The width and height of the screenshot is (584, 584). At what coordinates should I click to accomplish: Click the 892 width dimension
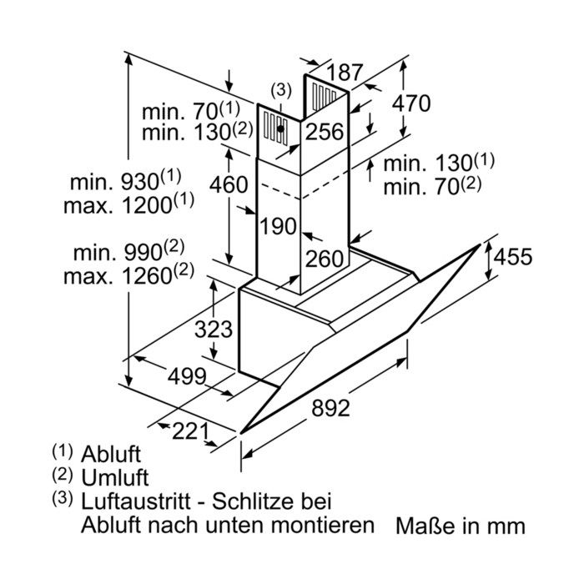[x=330, y=408]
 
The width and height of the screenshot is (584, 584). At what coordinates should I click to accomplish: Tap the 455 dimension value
[x=513, y=257]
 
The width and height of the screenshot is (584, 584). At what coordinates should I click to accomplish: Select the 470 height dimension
[x=411, y=103]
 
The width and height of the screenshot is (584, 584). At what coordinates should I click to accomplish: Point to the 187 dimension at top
[x=345, y=73]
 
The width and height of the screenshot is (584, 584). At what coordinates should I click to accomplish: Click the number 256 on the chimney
[x=325, y=132]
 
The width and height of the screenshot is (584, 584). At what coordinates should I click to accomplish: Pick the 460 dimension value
[x=229, y=184]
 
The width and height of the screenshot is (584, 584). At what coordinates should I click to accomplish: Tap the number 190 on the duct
[x=278, y=226]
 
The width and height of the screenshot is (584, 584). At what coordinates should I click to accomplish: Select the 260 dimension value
[x=324, y=259]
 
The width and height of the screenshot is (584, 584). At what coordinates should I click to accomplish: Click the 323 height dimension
[x=214, y=330]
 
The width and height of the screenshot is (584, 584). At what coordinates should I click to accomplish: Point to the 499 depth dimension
[x=187, y=376]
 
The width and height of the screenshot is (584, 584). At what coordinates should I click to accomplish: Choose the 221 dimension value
[x=190, y=431]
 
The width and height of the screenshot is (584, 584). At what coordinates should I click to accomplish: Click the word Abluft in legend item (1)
[x=111, y=454]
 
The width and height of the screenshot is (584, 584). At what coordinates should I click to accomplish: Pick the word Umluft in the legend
[x=115, y=477]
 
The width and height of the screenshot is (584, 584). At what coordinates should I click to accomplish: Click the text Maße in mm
[x=461, y=526]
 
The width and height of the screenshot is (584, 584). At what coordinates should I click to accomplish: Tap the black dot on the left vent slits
[x=281, y=128]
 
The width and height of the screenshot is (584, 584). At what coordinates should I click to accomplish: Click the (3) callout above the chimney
[x=281, y=90]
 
